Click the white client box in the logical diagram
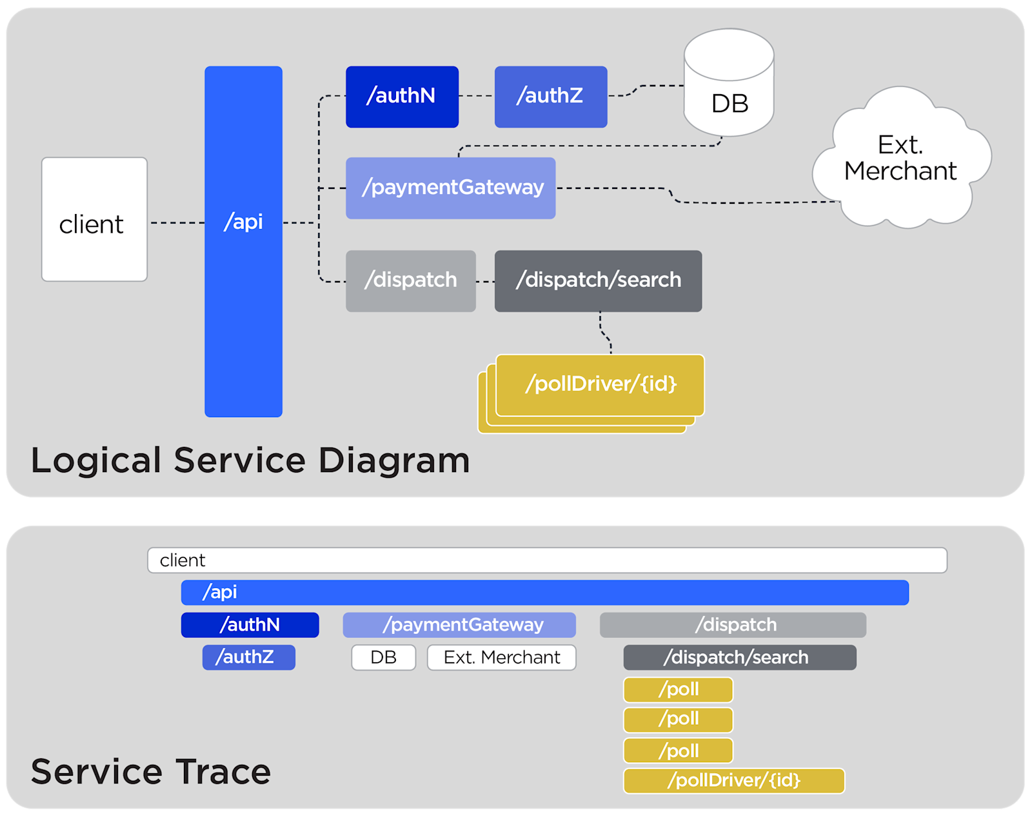[x=94, y=219]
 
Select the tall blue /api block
[x=243, y=241]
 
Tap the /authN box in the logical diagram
[x=402, y=97]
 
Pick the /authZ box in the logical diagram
[x=550, y=97]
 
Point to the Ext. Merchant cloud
[x=900, y=159]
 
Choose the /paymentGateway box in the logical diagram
[x=450, y=188]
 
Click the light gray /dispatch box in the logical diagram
[x=410, y=281]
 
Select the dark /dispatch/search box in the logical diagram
[x=598, y=281]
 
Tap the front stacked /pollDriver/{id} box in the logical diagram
[x=600, y=384]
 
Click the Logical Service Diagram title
[x=250, y=460]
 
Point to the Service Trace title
[x=151, y=771]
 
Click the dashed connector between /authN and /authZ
[x=477, y=95]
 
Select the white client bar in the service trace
[x=547, y=560]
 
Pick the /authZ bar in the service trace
[x=248, y=657]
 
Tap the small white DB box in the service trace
[x=383, y=657]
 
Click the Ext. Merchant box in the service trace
[x=501, y=657]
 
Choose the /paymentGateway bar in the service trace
[x=459, y=625]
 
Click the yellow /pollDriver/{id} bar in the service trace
[x=733, y=780]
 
